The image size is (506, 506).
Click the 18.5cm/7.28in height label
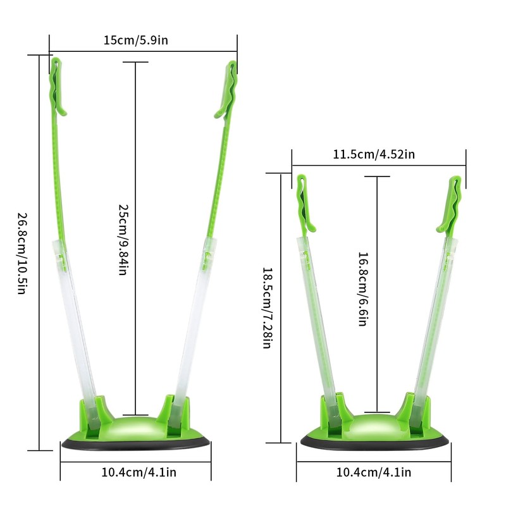267,309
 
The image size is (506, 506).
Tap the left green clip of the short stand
304,202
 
